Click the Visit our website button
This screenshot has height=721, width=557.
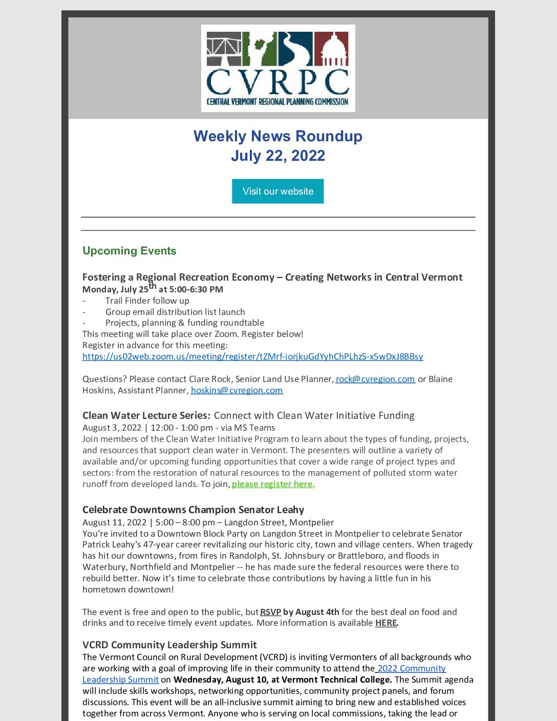(277, 191)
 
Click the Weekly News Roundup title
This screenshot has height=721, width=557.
(277, 136)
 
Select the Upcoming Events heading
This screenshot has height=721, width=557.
(129, 251)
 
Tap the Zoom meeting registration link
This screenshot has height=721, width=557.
(252, 356)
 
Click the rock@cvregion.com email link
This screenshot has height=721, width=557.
(375, 379)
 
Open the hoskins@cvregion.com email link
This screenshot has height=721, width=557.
(237, 390)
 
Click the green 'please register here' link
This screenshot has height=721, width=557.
(272, 484)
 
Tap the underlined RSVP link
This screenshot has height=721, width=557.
(270, 612)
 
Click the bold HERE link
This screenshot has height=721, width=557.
(386, 623)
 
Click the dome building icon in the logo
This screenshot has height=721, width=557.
(331, 49)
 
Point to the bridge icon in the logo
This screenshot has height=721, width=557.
(224, 49)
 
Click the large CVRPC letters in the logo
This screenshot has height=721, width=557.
(277, 81)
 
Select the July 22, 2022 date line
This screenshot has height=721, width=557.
(277, 156)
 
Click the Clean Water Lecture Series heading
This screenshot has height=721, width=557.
(146, 415)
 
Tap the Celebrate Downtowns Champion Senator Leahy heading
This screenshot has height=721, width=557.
(193, 510)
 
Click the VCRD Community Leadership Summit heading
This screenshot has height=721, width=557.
(169, 645)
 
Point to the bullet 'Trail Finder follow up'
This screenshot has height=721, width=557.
(147, 301)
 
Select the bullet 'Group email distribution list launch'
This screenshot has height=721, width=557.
(175, 312)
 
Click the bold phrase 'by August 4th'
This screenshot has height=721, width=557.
(311, 612)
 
